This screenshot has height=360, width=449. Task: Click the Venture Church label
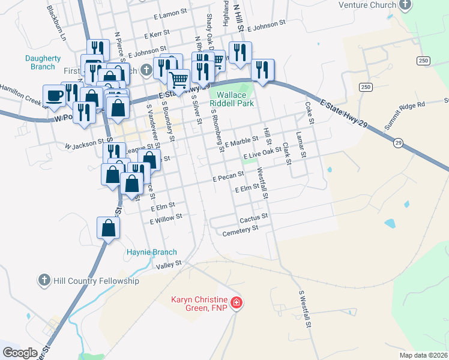click(367, 5)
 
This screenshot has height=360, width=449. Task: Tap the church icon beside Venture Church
click(406, 5)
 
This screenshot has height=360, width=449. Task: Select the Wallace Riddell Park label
click(232, 99)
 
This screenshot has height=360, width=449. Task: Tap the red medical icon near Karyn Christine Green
click(237, 302)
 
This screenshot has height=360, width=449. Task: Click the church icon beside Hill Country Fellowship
click(43, 280)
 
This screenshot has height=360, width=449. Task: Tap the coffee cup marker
click(54, 95)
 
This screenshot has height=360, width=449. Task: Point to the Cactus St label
click(253, 217)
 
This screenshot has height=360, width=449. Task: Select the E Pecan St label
click(228, 176)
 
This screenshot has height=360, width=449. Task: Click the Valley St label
click(169, 265)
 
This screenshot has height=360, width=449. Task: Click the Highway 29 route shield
click(397, 143)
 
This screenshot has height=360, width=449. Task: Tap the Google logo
click(20, 353)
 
